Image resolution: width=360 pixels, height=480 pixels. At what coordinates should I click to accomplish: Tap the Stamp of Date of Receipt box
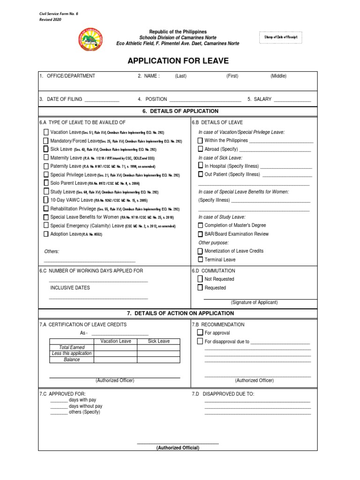(x=282, y=37)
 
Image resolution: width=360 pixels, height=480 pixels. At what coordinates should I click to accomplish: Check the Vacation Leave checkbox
(x=46, y=133)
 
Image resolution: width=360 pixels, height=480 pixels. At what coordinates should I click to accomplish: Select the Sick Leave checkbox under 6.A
(x=46, y=149)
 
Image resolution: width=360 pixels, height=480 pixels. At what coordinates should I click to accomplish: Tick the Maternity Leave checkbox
(x=46, y=157)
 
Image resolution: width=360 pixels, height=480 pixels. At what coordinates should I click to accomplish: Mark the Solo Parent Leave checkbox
(x=46, y=183)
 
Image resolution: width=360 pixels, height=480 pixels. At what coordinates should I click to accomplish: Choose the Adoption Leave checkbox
(x=46, y=234)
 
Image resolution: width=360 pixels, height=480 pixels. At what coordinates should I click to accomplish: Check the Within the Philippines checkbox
(x=200, y=141)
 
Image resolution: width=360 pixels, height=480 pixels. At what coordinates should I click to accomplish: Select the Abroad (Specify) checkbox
(x=200, y=149)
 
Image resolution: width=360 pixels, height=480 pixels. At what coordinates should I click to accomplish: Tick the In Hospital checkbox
(x=200, y=166)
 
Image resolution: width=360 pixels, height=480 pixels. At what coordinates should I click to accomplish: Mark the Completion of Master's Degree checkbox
(x=200, y=225)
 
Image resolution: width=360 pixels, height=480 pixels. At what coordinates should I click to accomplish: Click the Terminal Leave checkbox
(x=200, y=259)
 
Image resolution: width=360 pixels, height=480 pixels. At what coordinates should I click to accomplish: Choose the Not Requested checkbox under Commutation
(x=200, y=279)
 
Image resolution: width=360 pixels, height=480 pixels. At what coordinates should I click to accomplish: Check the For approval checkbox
(x=200, y=333)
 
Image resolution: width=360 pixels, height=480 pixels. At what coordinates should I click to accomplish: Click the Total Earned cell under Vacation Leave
(x=116, y=347)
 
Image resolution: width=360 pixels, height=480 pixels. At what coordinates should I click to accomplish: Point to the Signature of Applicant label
(x=254, y=302)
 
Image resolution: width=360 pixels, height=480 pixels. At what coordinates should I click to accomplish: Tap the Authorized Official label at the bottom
(x=178, y=448)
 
